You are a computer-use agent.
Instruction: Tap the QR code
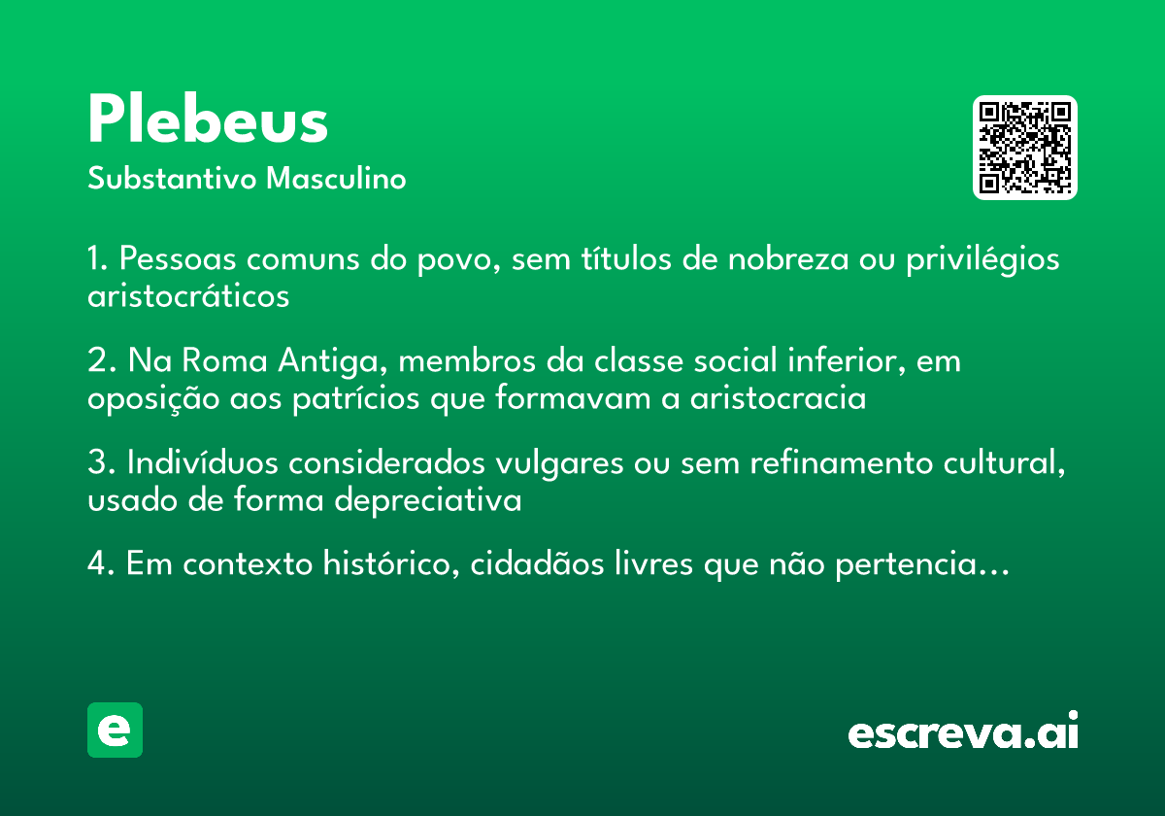[1024, 148]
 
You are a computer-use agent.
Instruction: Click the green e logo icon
[115, 730]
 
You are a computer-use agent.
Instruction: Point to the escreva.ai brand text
[963, 732]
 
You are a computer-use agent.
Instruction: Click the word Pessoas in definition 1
[181, 260]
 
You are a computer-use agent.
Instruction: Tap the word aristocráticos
[188, 295]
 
